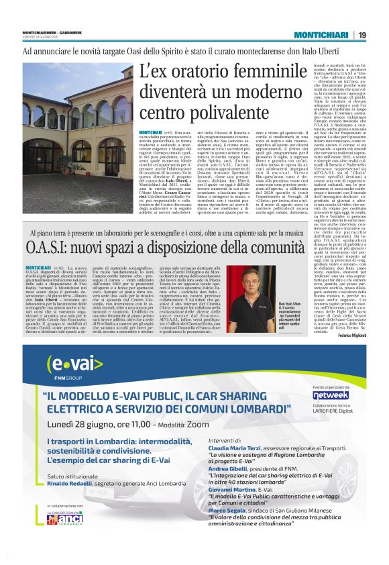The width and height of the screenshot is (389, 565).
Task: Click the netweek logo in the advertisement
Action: pyautogui.click(x=331, y=395)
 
